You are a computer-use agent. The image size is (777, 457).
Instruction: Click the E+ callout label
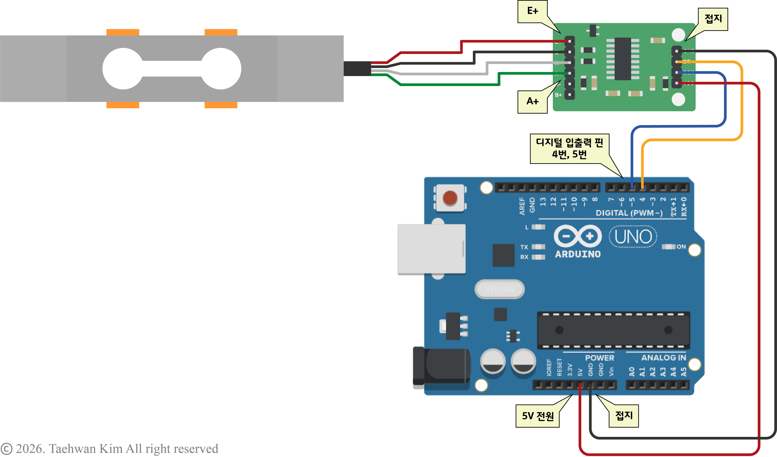pos(533,11)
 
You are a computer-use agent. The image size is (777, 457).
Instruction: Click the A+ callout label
pos(533,102)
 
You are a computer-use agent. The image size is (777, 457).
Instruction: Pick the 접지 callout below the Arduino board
pos(623,416)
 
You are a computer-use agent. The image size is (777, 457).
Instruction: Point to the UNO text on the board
pos(633,237)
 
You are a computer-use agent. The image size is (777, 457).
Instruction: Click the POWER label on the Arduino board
pos(599,358)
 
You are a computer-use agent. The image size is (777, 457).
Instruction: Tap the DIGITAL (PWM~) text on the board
pos(629,213)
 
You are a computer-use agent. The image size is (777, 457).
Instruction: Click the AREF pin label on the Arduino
pos(522,206)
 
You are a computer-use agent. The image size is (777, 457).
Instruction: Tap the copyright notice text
pos(109,448)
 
